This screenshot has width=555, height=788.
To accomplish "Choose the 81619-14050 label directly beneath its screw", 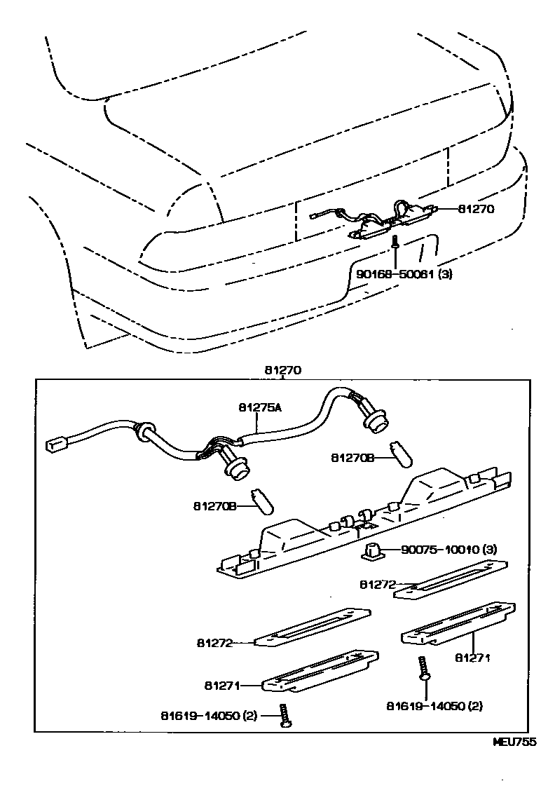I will (x=434, y=705).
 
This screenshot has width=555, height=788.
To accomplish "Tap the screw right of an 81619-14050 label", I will (x=285, y=715).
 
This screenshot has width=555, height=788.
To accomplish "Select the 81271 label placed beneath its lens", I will (x=472, y=658).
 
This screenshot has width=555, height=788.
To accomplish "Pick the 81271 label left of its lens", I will (x=224, y=685).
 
